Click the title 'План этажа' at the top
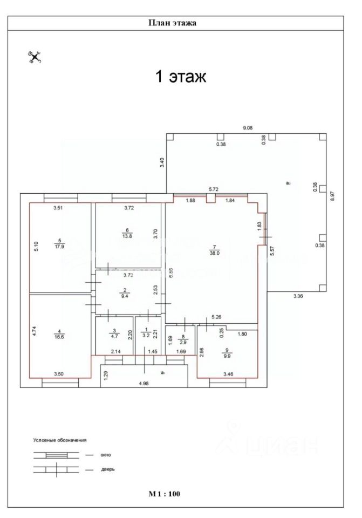(172, 23)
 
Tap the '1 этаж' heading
(181, 77)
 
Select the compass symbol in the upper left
(35, 56)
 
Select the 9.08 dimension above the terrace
(248, 128)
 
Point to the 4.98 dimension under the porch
(144, 384)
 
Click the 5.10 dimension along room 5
(36, 247)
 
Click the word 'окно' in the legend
(106, 455)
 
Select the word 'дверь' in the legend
(107, 469)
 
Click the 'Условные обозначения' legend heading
(60, 440)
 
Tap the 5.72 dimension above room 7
(214, 189)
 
